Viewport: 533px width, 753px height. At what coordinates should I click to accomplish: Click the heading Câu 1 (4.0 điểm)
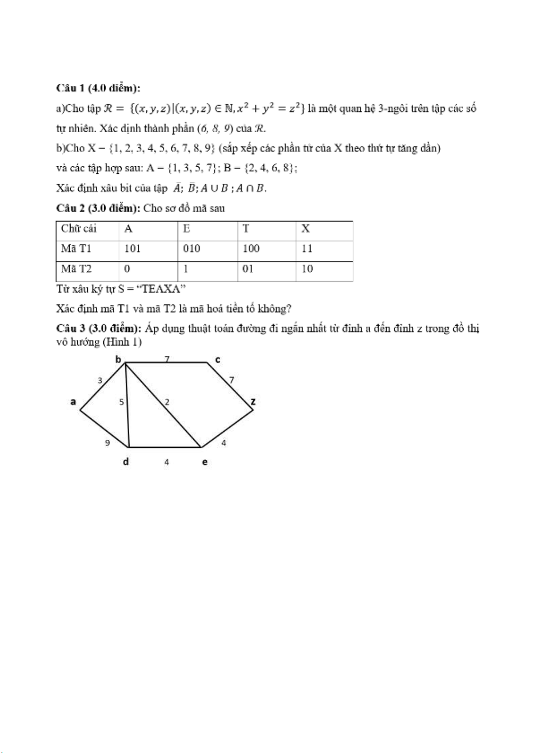coord(98,88)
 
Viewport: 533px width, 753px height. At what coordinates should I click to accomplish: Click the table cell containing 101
coord(132,249)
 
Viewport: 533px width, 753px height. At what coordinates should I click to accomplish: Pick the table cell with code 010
coord(191,249)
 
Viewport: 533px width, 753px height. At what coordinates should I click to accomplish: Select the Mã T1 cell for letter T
coord(251,249)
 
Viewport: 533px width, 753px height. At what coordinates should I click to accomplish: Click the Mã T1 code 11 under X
coord(307,249)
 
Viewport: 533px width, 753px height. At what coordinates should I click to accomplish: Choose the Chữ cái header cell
coord(79,229)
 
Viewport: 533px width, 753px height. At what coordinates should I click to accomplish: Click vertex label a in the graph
coord(73,402)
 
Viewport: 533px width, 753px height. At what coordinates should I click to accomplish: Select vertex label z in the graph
coord(253,401)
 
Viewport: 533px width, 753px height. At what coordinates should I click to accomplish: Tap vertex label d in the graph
coord(126,462)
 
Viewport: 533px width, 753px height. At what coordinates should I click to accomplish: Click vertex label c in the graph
coord(218,360)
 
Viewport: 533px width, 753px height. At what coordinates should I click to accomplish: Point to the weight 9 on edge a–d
coord(107,443)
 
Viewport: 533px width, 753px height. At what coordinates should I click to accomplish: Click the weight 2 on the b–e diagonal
coord(167,402)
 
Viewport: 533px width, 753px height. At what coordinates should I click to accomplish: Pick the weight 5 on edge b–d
coord(121,402)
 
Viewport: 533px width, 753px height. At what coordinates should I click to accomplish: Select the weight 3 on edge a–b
coord(100,381)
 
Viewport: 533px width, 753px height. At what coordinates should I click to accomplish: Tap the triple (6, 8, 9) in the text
coord(215,129)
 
